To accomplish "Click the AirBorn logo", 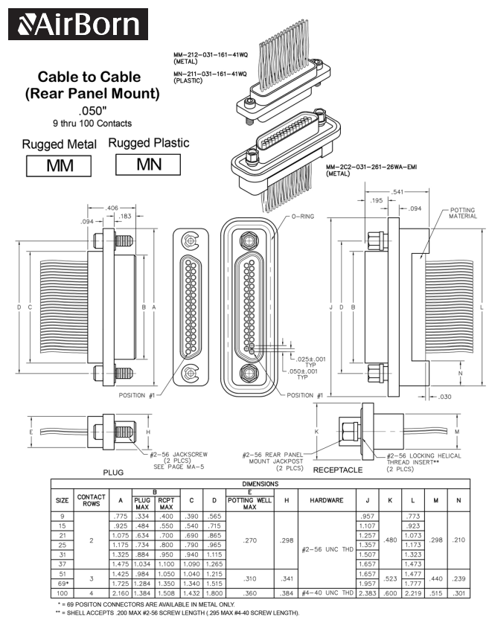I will pyautogui.click(x=78, y=24).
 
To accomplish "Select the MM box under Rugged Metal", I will pyautogui.click(x=59, y=165).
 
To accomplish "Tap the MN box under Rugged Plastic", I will pyautogui.click(x=149, y=164).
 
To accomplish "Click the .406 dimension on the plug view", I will pyautogui.click(x=112, y=208).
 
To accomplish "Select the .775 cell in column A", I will pyautogui.click(x=118, y=515).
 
